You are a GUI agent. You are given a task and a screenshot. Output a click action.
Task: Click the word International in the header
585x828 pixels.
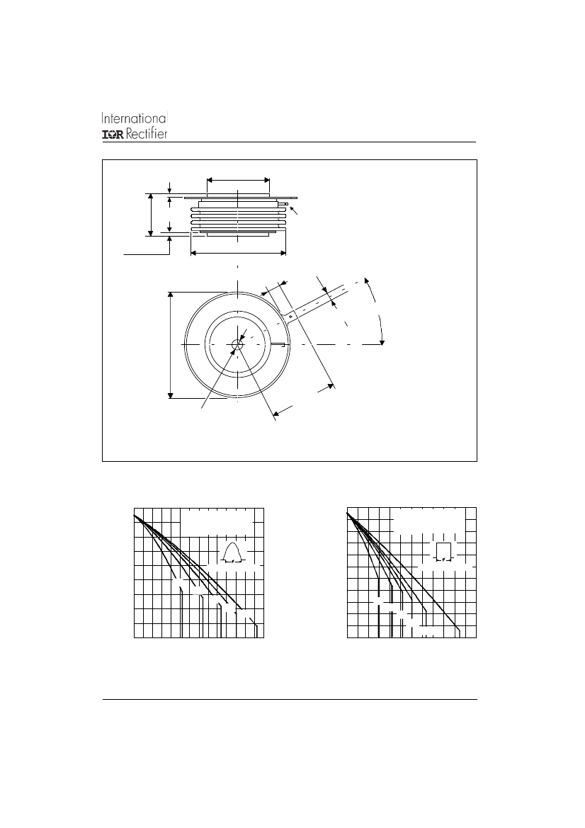(135, 118)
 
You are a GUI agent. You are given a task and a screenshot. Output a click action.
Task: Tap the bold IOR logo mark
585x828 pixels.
(113, 135)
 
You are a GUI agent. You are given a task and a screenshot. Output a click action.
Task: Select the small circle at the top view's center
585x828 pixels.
(237, 344)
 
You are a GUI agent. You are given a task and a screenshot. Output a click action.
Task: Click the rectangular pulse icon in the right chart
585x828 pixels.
(444, 551)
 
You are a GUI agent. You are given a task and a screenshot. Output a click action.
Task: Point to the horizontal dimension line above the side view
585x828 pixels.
(238, 179)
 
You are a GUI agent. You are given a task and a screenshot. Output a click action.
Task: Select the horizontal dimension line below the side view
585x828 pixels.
(238, 254)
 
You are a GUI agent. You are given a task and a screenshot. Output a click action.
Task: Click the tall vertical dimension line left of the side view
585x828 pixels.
(151, 215)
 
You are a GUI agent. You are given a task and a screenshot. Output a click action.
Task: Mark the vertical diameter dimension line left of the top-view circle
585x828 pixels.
(171, 344)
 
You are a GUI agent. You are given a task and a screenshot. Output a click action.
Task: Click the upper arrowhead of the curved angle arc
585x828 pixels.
(366, 279)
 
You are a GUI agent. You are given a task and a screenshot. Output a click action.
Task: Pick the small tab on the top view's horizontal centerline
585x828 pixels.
(279, 345)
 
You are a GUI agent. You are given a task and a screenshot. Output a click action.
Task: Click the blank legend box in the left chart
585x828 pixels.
(217, 523)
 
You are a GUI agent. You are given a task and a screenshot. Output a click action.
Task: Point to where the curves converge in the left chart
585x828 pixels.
(135, 515)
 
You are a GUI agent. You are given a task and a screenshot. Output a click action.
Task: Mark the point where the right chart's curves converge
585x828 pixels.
(348, 514)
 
